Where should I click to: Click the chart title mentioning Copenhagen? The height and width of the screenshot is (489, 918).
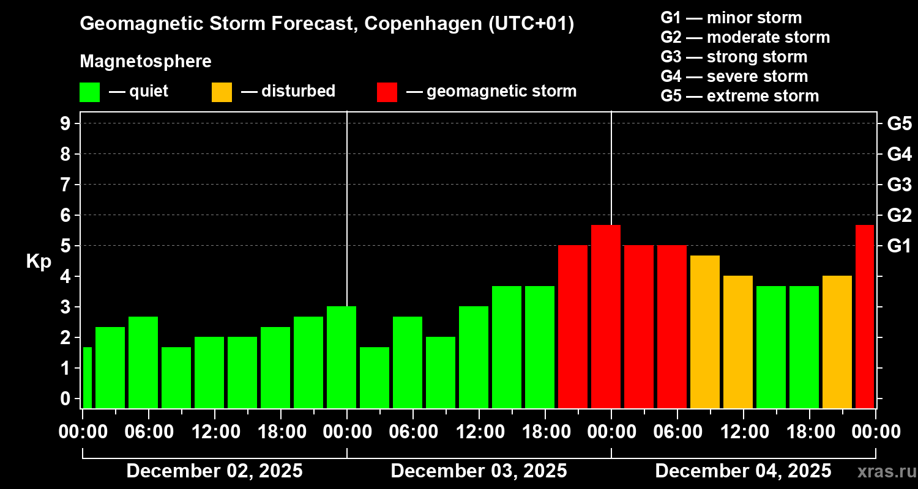tap(327, 24)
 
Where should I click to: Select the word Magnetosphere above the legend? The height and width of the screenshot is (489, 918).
tap(146, 62)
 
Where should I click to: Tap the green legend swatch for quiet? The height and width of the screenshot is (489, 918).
tap(90, 92)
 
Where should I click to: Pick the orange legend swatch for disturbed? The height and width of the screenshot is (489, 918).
tap(222, 92)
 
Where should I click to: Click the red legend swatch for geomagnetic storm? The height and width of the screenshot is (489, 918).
tap(387, 92)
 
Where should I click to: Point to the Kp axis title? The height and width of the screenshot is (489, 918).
tap(39, 262)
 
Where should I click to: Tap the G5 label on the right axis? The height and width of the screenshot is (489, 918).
tap(899, 123)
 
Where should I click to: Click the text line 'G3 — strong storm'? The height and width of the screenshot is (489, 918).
tap(734, 57)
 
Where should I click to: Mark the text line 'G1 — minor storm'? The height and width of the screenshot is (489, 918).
tap(731, 18)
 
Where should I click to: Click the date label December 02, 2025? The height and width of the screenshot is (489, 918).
tap(214, 471)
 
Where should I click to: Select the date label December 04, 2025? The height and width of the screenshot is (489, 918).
tap(743, 471)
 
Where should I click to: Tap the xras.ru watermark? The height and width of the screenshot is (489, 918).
tap(885, 472)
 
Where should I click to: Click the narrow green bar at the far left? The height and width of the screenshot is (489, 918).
tap(87, 378)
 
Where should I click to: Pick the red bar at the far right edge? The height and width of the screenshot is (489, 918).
tap(864, 317)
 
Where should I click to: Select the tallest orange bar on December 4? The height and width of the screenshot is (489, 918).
tap(705, 332)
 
